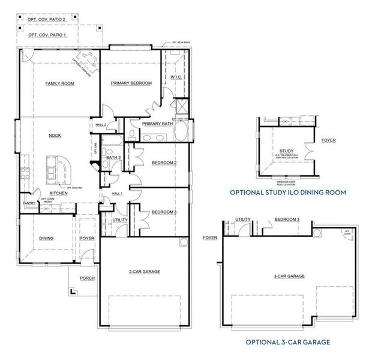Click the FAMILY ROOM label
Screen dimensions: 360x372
coord(59,83)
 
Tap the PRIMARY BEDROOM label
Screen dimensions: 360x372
coord(131,83)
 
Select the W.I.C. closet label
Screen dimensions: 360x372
coord(176,77)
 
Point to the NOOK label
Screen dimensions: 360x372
coord(55,136)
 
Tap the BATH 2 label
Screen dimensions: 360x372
coord(114,158)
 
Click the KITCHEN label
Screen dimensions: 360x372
coord(58,193)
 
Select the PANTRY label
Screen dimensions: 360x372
coord(29,203)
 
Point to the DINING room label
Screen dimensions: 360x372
coord(46,238)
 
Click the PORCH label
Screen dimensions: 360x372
coord(87,278)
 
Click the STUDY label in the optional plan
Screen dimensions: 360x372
coord(286,151)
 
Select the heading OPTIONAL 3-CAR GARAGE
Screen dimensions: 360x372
coord(288,342)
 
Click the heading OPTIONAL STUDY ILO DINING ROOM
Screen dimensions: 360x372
coord(288,192)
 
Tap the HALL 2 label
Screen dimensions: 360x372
coord(101,124)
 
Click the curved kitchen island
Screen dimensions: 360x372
coord(60,170)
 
